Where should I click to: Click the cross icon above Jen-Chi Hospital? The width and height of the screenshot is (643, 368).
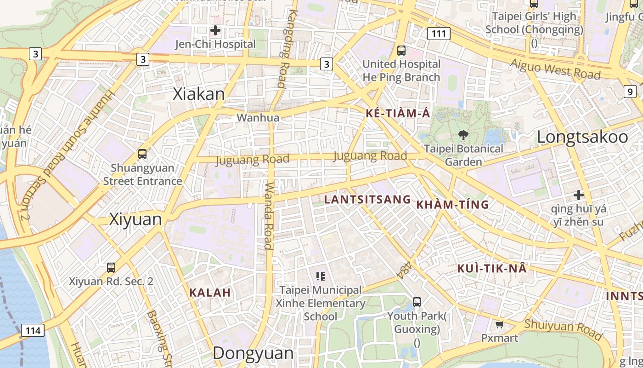coord(215,31)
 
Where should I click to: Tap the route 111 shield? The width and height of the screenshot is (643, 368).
coord(439,34)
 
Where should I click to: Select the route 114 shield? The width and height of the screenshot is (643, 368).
coord(33,330)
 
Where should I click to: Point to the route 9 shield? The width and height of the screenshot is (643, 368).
coord(631,92)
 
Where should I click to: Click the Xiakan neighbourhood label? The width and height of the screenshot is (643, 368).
coord(199,94)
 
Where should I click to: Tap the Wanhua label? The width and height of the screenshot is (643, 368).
coord(258,118)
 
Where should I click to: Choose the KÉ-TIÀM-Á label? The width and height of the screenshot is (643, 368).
coord(398,113)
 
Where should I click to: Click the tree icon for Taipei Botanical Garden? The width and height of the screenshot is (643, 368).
coord(463,135)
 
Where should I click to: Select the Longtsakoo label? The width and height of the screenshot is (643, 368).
coord(582,137)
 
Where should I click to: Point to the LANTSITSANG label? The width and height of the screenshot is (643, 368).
coord(367,199)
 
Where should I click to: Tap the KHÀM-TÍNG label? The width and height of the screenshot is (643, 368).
coord(452,205)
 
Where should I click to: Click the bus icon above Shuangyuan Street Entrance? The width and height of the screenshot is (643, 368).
coord(142,154)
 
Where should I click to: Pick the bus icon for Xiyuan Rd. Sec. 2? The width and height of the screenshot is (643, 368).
coord(111,267)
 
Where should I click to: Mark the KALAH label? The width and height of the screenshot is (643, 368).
coord(210,293)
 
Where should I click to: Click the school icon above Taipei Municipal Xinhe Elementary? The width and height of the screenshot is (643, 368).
coord(321,276)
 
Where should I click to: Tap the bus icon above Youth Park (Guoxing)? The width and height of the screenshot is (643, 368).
coord(417,302)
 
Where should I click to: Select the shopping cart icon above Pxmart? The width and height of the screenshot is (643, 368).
coord(500,325)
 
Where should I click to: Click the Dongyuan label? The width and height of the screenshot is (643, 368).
coord(253,353)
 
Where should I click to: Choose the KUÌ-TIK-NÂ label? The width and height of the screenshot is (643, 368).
coord(492,269)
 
